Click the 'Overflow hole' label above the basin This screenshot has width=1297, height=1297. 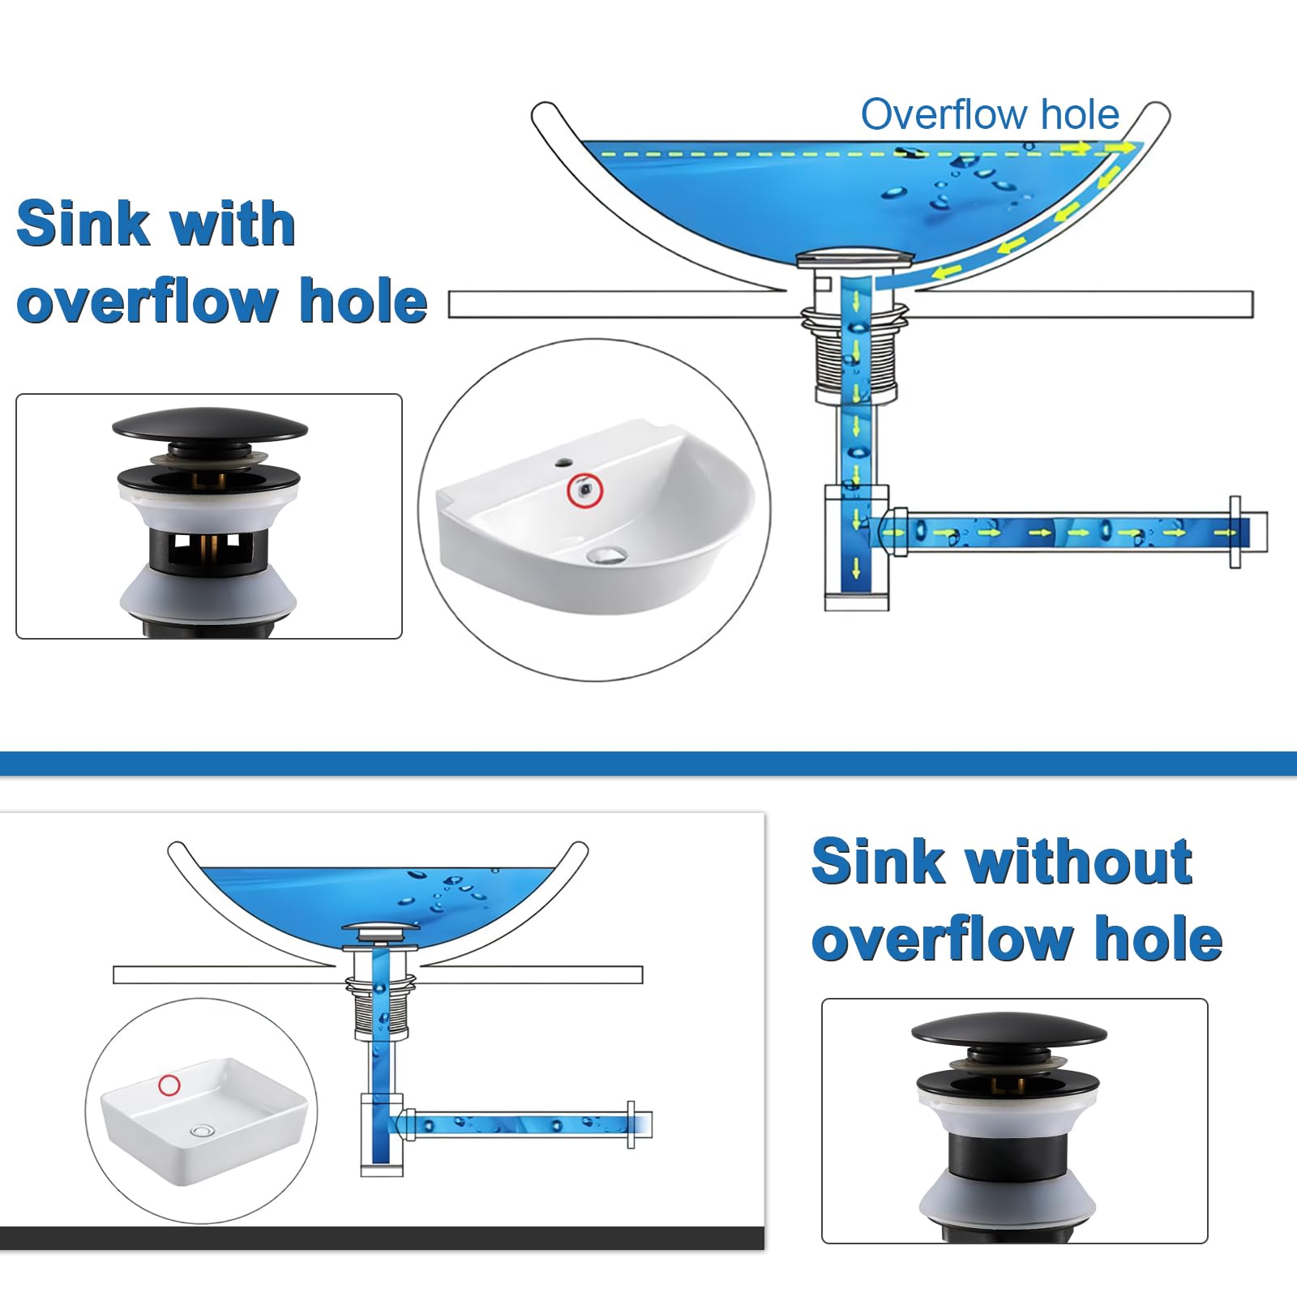click(x=989, y=114)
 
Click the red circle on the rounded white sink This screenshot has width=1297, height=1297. click(x=584, y=490)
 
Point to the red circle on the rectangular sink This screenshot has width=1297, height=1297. click(x=169, y=1085)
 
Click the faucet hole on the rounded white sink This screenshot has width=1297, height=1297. click(x=561, y=464)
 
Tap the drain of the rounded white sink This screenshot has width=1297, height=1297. click(x=606, y=554)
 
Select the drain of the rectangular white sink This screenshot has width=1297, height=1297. click(x=201, y=1129)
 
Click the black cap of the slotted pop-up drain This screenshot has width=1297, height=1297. click(x=209, y=425)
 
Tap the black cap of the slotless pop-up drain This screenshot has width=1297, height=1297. click(x=1008, y=1031)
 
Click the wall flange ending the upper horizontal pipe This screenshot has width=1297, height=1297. click(x=1235, y=532)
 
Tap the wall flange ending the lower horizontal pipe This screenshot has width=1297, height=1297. click(x=631, y=1124)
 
